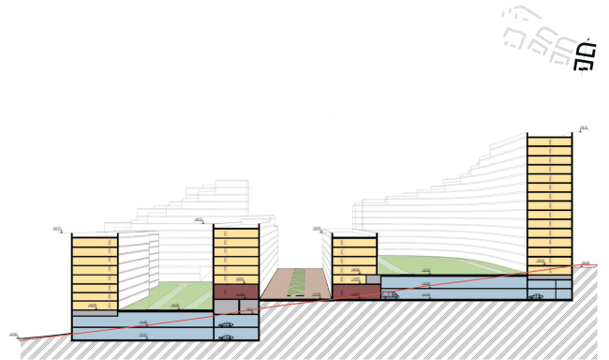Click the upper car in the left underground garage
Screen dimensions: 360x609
(226, 324)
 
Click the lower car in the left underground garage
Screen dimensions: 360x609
(226, 337)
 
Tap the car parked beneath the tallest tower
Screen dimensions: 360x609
(537, 296)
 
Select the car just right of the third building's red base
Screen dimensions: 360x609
(390, 295)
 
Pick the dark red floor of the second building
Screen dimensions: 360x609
(235, 292)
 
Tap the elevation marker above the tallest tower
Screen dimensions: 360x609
(583, 127)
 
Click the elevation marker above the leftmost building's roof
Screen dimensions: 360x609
(56, 229)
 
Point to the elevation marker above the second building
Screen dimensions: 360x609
(199, 220)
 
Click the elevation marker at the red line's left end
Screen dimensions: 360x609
(14, 334)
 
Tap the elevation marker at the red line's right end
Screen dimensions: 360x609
(585, 263)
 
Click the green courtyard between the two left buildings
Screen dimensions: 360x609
(165, 297)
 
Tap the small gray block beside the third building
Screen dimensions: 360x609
(372, 280)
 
